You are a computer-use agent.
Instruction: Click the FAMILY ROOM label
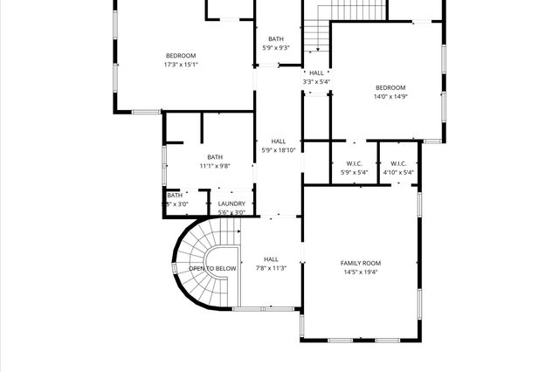pos(360,263)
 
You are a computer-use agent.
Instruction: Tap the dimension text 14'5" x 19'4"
pos(360,272)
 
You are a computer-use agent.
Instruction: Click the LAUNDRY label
pos(231,203)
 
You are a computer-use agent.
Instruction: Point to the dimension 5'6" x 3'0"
pos(231,212)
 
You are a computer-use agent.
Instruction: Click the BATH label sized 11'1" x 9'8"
pos(214,157)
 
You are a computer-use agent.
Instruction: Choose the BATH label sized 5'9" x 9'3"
pos(276,38)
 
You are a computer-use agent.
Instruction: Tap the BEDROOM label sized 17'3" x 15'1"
pos(181,55)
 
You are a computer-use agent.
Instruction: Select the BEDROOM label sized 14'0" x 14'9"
pos(390,87)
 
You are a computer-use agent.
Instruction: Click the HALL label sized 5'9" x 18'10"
pos(279,141)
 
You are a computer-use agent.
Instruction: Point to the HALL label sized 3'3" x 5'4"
pos(316,73)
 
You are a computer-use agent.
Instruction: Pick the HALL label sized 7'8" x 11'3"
pos(271,259)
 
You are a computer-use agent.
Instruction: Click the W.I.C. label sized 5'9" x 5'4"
pos(354,163)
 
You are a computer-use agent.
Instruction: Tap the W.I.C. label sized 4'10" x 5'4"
pos(398,163)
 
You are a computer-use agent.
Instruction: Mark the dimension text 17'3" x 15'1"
pos(181,64)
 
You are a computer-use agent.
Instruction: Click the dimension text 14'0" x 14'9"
pos(390,96)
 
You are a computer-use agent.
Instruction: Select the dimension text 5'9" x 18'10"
pos(279,149)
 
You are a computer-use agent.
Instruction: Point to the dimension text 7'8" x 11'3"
pos(271,268)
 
